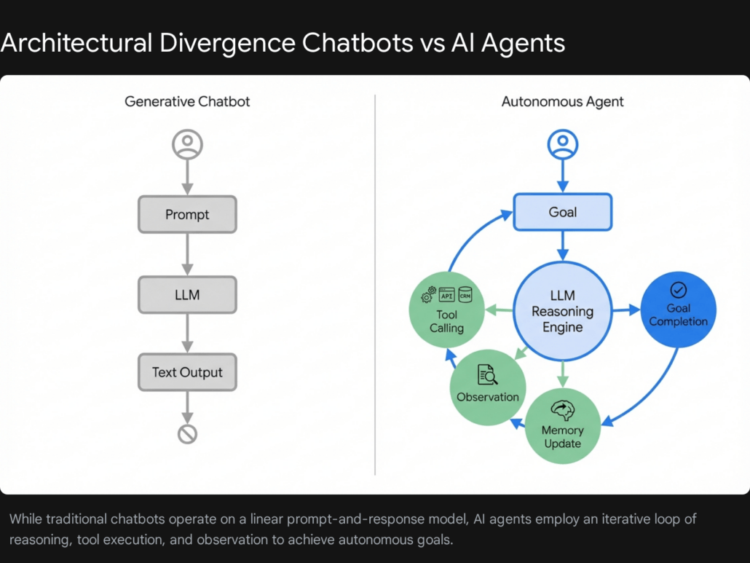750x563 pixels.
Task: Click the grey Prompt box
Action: pyautogui.click(x=187, y=214)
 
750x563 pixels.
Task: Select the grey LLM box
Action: pyautogui.click(x=187, y=295)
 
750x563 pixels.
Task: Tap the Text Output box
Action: pyautogui.click(x=187, y=372)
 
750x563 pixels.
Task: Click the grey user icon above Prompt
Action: pyautogui.click(x=187, y=144)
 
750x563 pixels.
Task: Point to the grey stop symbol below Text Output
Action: pyautogui.click(x=187, y=435)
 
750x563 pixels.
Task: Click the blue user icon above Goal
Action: pyautogui.click(x=562, y=144)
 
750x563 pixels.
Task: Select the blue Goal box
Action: pyautogui.click(x=562, y=212)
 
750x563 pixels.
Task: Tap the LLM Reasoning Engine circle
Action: pyautogui.click(x=562, y=312)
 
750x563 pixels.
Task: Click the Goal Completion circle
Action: pyautogui.click(x=678, y=310)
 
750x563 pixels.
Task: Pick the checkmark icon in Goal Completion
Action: pyautogui.click(x=678, y=290)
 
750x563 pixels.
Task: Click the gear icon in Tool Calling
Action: pyautogui.click(x=428, y=295)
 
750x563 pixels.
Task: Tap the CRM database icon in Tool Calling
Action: pyautogui.click(x=465, y=294)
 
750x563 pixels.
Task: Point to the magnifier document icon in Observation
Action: pyautogui.click(x=487, y=375)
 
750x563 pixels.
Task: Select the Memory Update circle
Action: pyautogui.click(x=562, y=426)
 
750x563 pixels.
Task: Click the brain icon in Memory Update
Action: pyautogui.click(x=562, y=410)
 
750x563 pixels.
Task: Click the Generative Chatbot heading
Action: pyautogui.click(x=187, y=101)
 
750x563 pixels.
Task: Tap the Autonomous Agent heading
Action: pyautogui.click(x=562, y=101)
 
